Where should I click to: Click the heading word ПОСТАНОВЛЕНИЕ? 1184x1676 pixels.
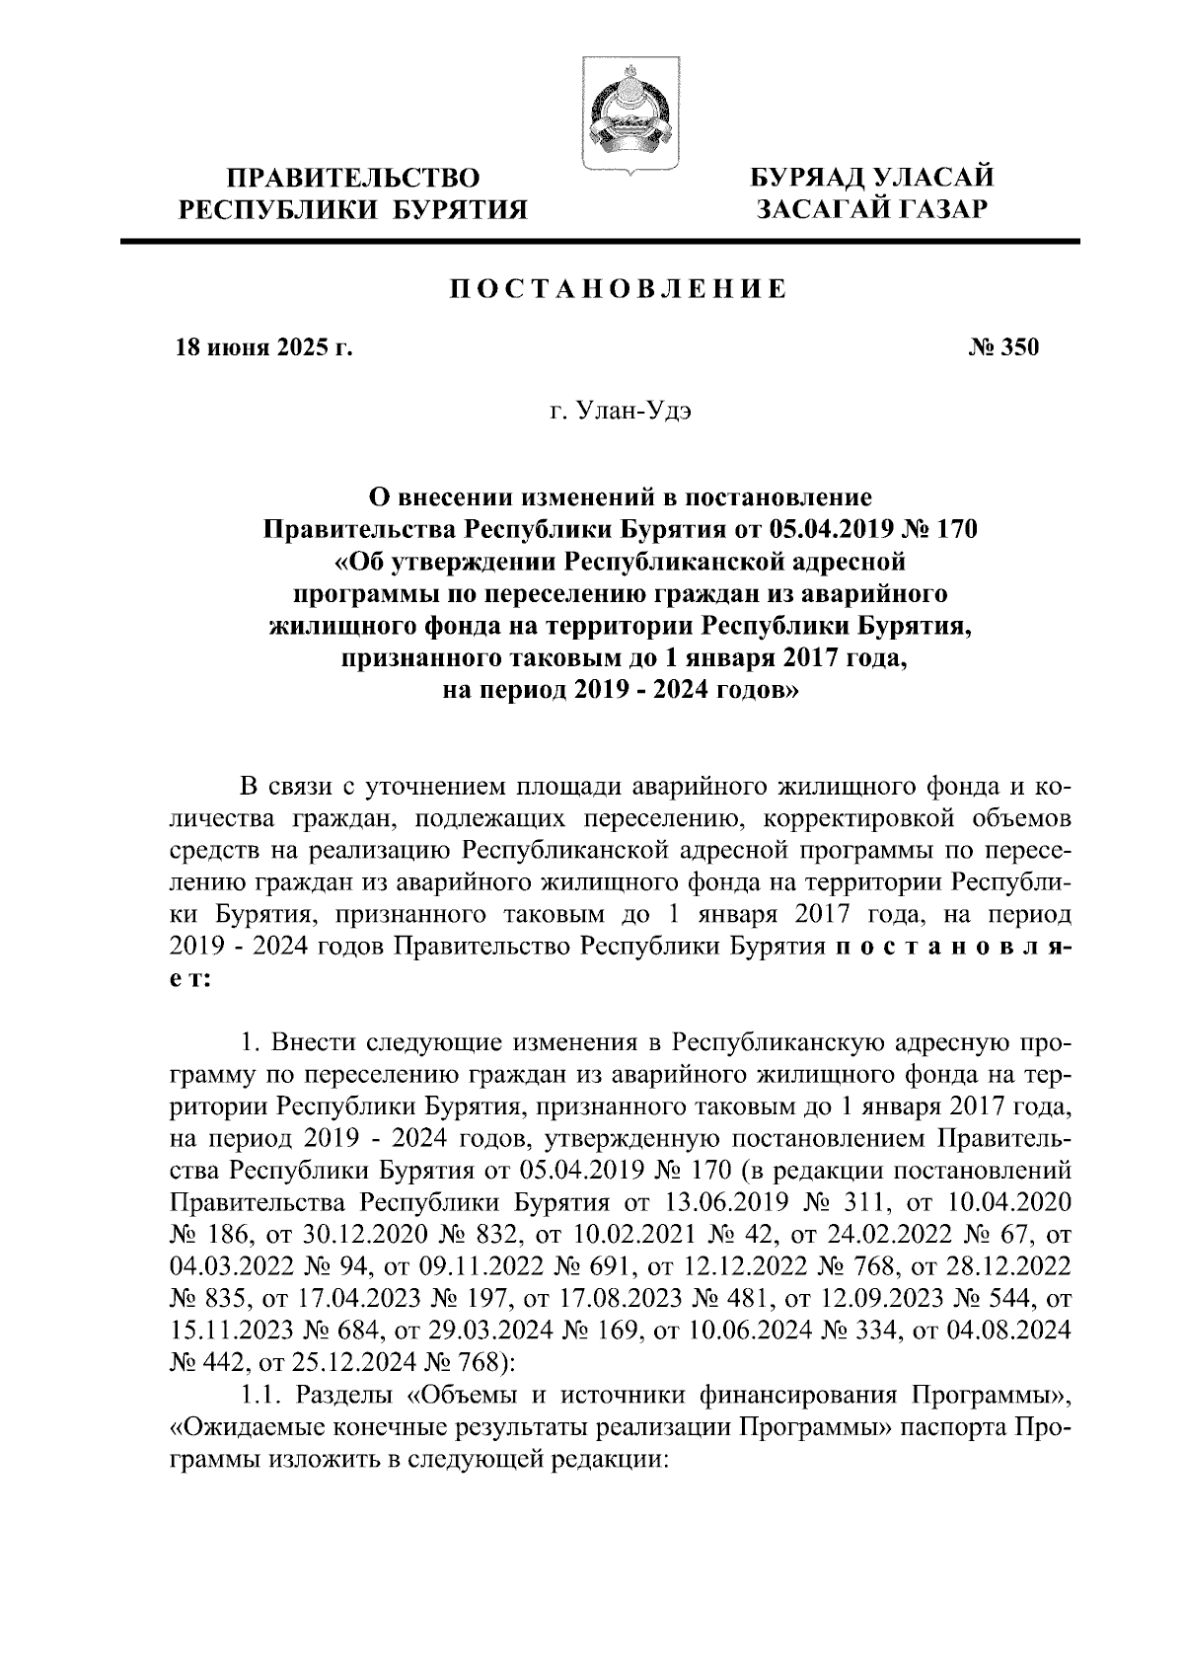tap(619, 289)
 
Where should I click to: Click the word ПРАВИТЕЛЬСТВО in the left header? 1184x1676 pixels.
tap(354, 179)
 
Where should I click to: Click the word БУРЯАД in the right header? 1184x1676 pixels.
tap(808, 179)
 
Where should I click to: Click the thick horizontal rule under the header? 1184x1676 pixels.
tap(601, 242)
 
